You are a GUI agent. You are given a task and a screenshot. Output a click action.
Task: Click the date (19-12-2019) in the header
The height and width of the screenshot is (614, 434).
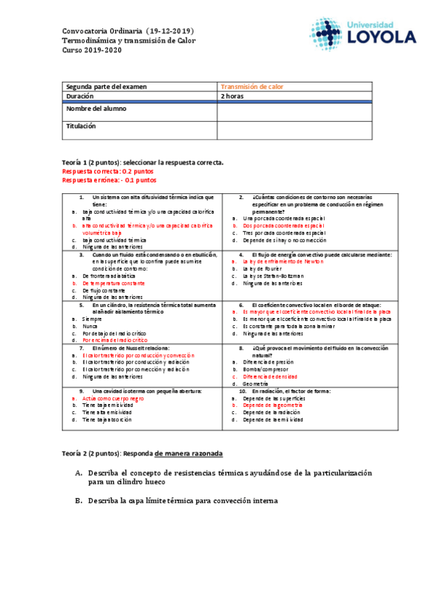tap(170, 31)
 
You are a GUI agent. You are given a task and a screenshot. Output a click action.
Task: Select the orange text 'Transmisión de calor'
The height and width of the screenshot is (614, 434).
tap(252, 87)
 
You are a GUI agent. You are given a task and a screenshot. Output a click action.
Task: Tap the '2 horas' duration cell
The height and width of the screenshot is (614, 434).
tap(233, 96)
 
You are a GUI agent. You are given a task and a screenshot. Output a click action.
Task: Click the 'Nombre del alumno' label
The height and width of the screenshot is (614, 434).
tap(96, 109)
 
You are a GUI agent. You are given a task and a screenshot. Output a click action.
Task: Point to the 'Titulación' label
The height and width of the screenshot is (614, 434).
tap(81, 126)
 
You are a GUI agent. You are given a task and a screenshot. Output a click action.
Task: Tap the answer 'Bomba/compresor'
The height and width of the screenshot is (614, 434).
tap(269, 369)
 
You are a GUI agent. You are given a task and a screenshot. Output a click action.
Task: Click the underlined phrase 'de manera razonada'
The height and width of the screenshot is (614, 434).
tap(188, 453)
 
